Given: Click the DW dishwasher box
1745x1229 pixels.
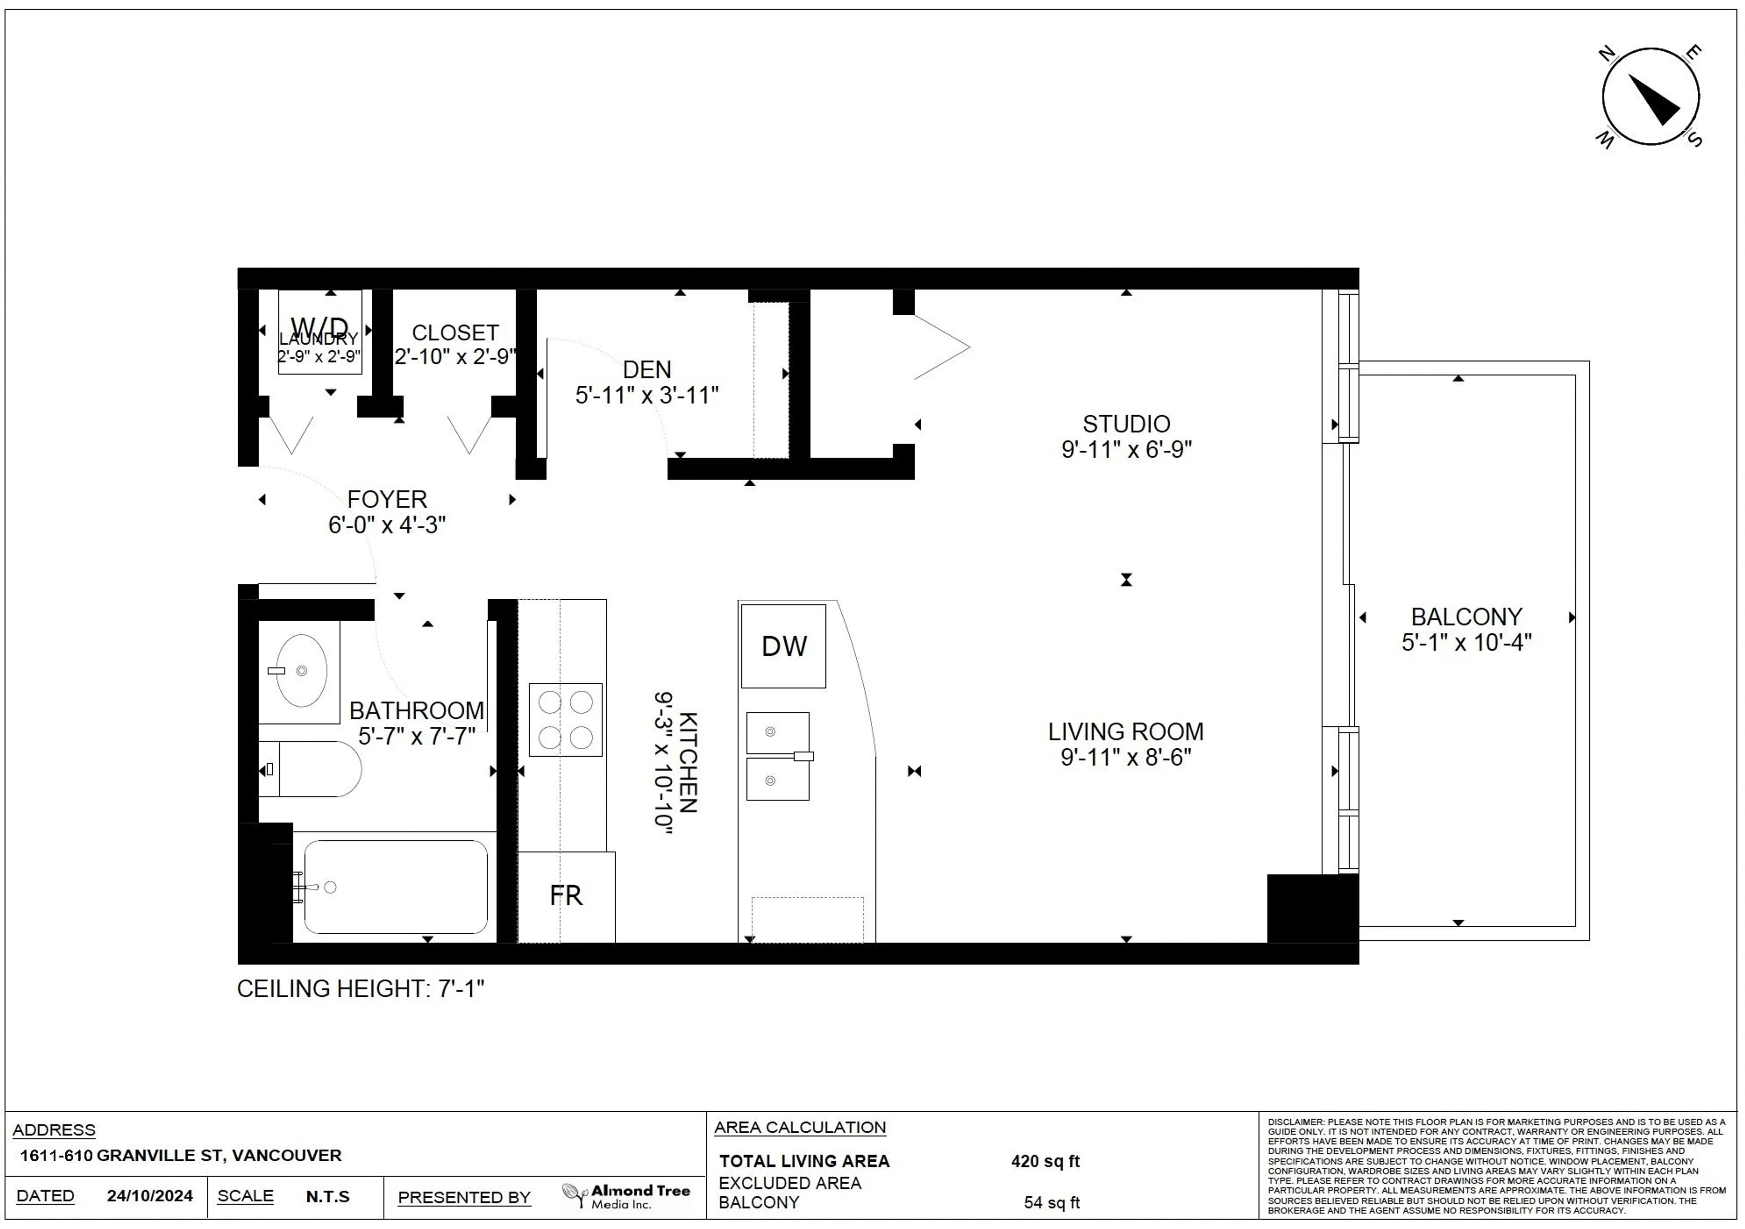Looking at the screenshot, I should tap(783, 646).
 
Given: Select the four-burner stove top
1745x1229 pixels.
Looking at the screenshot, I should tap(565, 719).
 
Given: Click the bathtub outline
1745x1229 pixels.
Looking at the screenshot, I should tap(395, 886).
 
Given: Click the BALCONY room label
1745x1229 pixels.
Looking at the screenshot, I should tap(1466, 617).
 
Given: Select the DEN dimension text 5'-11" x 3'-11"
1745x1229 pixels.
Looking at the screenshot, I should tap(647, 395).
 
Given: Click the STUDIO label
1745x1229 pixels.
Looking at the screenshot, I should tap(1126, 423).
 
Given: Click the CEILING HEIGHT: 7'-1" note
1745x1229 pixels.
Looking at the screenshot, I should tap(360, 989).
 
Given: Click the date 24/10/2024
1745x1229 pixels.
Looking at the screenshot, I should tap(150, 1195).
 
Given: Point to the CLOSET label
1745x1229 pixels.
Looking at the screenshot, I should tap(454, 333).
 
